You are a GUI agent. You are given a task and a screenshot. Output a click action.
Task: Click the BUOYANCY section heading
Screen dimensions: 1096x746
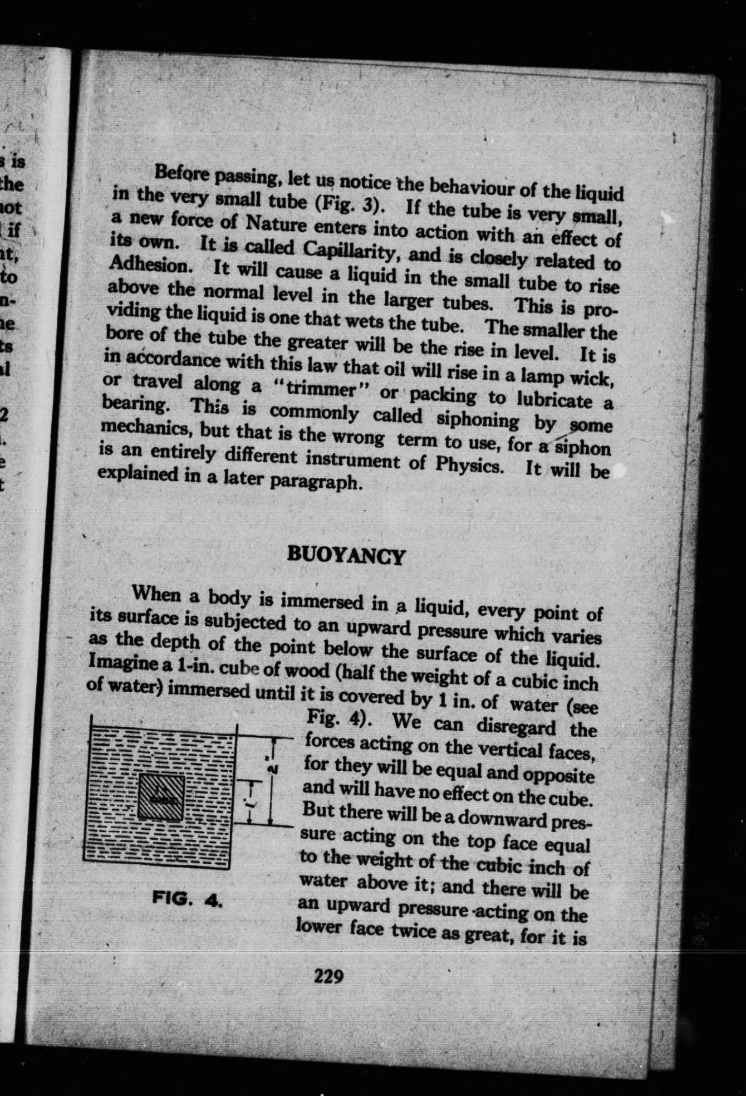(345, 556)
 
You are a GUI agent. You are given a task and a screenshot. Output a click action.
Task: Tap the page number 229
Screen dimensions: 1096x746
(328, 976)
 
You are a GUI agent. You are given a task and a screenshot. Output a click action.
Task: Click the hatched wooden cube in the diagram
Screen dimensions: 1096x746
(160, 797)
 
